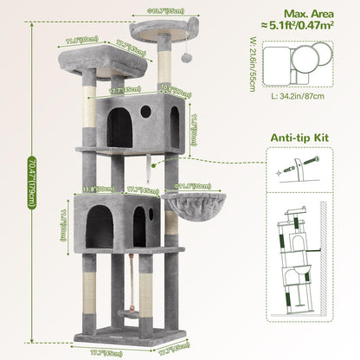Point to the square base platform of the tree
tap(130, 336)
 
